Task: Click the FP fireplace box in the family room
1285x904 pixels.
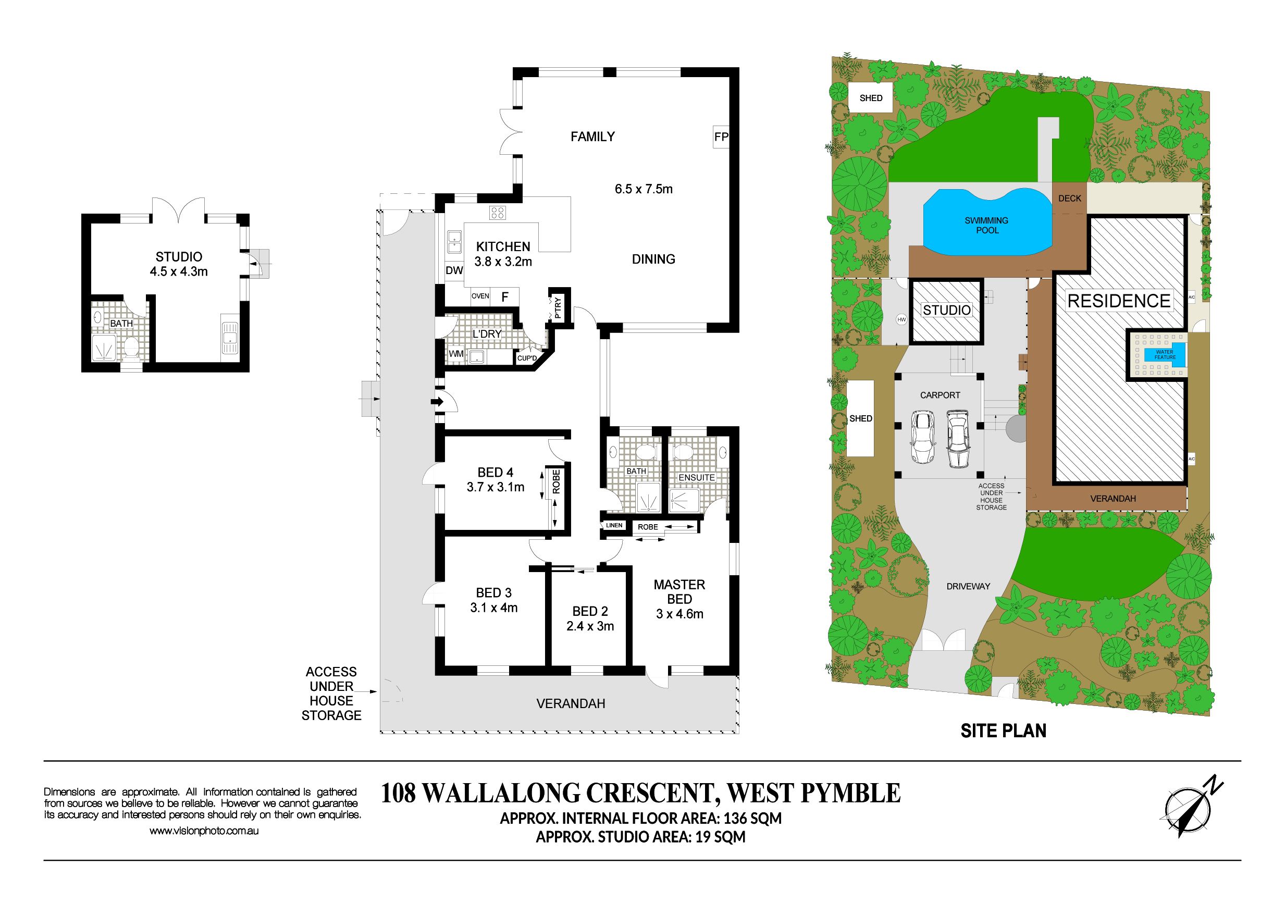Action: pyautogui.click(x=721, y=137)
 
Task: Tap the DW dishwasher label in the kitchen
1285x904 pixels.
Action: pyautogui.click(x=454, y=270)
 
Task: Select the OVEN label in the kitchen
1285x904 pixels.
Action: pyautogui.click(x=480, y=296)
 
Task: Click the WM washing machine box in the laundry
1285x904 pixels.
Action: pyautogui.click(x=456, y=354)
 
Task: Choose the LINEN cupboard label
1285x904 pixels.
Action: pyautogui.click(x=614, y=526)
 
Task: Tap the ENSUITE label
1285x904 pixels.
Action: pyautogui.click(x=697, y=477)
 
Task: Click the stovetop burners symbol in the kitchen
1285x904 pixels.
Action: pyautogui.click(x=498, y=213)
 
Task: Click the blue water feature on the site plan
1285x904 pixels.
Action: pyautogui.click(x=1165, y=355)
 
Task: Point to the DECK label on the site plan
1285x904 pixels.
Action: pyautogui.click(x=1069, y=198)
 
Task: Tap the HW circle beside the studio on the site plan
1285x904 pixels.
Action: pyautogui.click(x=901, y=319)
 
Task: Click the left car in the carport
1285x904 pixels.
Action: pyautogui.click(x=923, y=437)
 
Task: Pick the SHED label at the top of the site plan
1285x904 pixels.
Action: pyautogui.click(x=871, y=98)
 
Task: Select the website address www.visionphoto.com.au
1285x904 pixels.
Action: pyautogui.click(x=204, y=831)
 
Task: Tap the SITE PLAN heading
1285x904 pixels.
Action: pyautogui.click(x=1004, y=731)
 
